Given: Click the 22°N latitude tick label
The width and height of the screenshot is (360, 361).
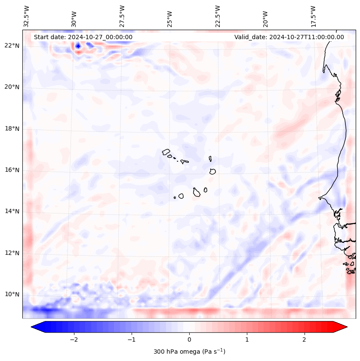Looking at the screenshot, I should click(x=12, y=46).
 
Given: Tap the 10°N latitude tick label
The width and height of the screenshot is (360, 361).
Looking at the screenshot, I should click(x=12, y=294).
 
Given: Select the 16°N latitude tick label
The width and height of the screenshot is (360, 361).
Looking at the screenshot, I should click(x=12, y=170).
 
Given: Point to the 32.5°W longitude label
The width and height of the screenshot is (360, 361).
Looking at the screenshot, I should click(x=26, y=16).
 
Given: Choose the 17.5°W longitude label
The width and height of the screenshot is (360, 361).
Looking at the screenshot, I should click(x=313, y=16).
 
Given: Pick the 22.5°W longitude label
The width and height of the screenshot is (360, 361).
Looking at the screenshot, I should click(x=217, y=16).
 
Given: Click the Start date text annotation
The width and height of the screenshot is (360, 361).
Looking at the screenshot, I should click(x=83, y=37).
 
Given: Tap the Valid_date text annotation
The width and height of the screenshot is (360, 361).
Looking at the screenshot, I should click(x=289, y=37).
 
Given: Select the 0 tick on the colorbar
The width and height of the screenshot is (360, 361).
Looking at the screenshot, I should click(x=189, y=339).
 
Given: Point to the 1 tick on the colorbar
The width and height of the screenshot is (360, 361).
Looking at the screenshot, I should click(x=247, y=339).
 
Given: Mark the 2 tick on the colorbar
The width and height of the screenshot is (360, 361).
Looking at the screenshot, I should click(x=305, y=339).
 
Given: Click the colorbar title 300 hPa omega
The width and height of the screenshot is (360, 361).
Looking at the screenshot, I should click(x=189, y=351).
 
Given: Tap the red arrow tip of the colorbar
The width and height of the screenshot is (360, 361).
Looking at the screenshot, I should click(x=342, y=327).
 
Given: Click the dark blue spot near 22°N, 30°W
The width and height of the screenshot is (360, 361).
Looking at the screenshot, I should click(x=78, y=46).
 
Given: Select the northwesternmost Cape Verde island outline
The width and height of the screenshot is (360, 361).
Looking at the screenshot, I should click(x=166, y=151).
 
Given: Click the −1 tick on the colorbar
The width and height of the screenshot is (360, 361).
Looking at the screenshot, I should click(x=131, y=339).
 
